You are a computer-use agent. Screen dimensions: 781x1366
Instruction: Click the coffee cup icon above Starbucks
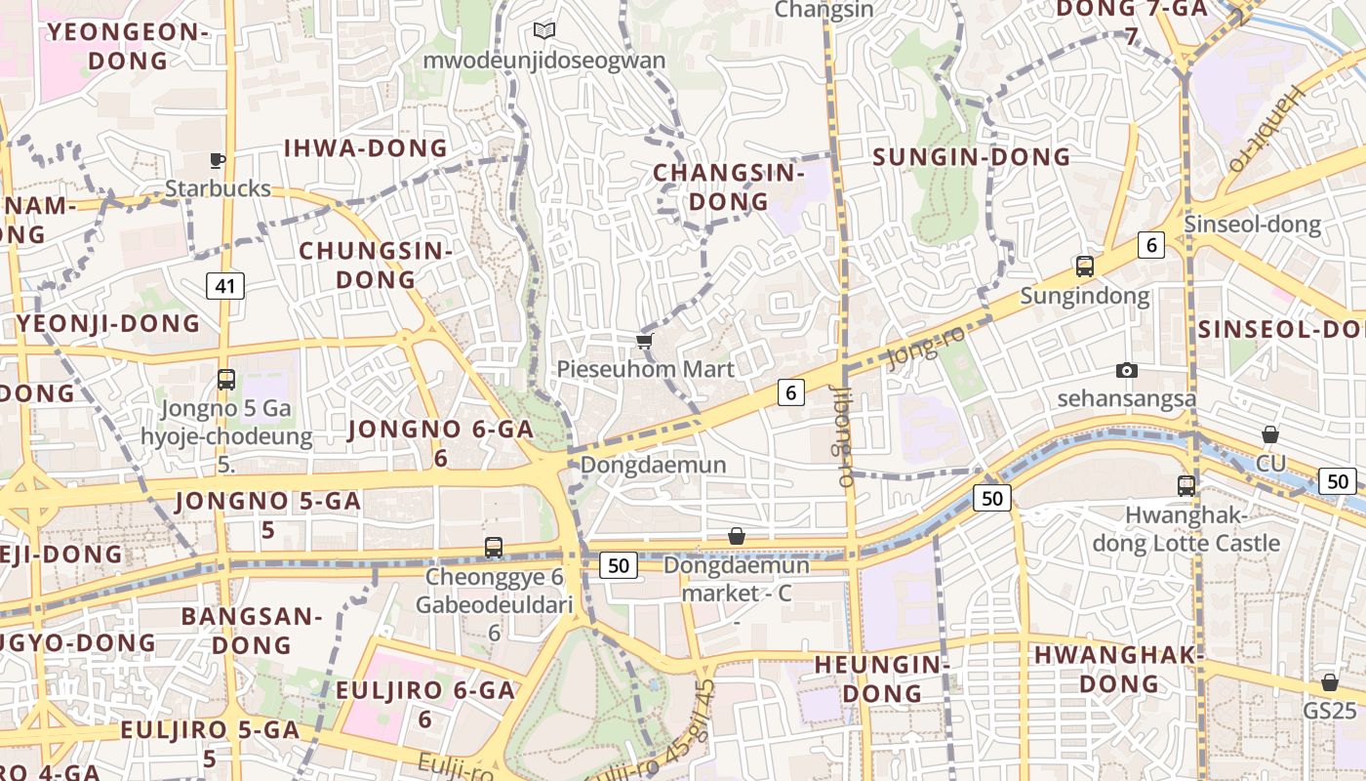coord(218,160)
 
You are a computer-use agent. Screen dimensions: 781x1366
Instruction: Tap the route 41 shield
coord(225,286)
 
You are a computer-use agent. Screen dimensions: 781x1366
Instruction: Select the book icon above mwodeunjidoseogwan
coord(544,31)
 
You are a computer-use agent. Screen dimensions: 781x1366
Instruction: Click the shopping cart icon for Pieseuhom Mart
coord(644,341)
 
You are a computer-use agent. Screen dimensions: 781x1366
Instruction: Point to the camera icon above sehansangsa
coord(1127,370)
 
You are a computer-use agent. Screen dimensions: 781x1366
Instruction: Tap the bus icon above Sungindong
coord(1084,266)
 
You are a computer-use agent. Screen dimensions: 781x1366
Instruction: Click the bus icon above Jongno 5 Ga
coord(226,379)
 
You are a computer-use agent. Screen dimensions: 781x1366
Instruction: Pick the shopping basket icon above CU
coord(1270,434)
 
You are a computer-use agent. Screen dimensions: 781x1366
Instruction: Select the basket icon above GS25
coord(1329,682)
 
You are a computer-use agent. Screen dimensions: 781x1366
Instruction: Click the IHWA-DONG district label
coord(366,148)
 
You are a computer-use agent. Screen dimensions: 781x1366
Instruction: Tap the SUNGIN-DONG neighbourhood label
coord(971,157)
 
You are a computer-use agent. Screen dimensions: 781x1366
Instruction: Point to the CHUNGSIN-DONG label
coord(376,265)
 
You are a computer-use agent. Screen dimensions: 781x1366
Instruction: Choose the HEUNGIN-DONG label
coord(882,678)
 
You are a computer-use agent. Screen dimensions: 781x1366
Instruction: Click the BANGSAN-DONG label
coord(252,630)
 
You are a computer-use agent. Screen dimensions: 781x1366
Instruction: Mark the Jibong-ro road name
coord(843,435)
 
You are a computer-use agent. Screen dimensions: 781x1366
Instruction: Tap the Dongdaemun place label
coord(654,465)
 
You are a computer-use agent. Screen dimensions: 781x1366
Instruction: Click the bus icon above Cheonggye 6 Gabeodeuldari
coord(494,548)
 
